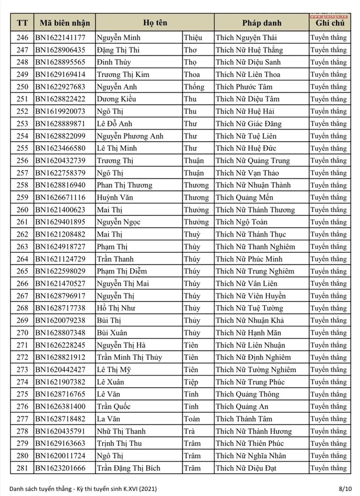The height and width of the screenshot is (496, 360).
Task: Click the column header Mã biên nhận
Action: pyautogui.click(x=64, y=23)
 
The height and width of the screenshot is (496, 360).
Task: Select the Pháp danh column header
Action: pyautogui.click(x=261, y=23)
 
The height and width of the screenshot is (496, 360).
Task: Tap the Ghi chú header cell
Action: pyautogui.click(x=330, y=23)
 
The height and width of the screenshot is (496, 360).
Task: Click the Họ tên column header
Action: pyautogui.click(x=155, y=23)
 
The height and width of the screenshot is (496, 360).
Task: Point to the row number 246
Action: pyautogui.click(x=22, y=38)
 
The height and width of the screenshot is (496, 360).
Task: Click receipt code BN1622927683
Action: pyautogui.click(x=60, y=87)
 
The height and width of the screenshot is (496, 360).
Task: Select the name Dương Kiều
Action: pyautogui.click(x=117, y=99)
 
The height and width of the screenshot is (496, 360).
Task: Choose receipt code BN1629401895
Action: pyautogui.click(x=60, y=222)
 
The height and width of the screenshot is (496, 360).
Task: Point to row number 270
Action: pyautogui.click(x=22, y=333)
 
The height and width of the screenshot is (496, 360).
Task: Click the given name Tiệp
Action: pyautogui.click(x=191, y=382)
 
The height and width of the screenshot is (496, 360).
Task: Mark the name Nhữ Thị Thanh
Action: pyautogui.click(x=121, y=431)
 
